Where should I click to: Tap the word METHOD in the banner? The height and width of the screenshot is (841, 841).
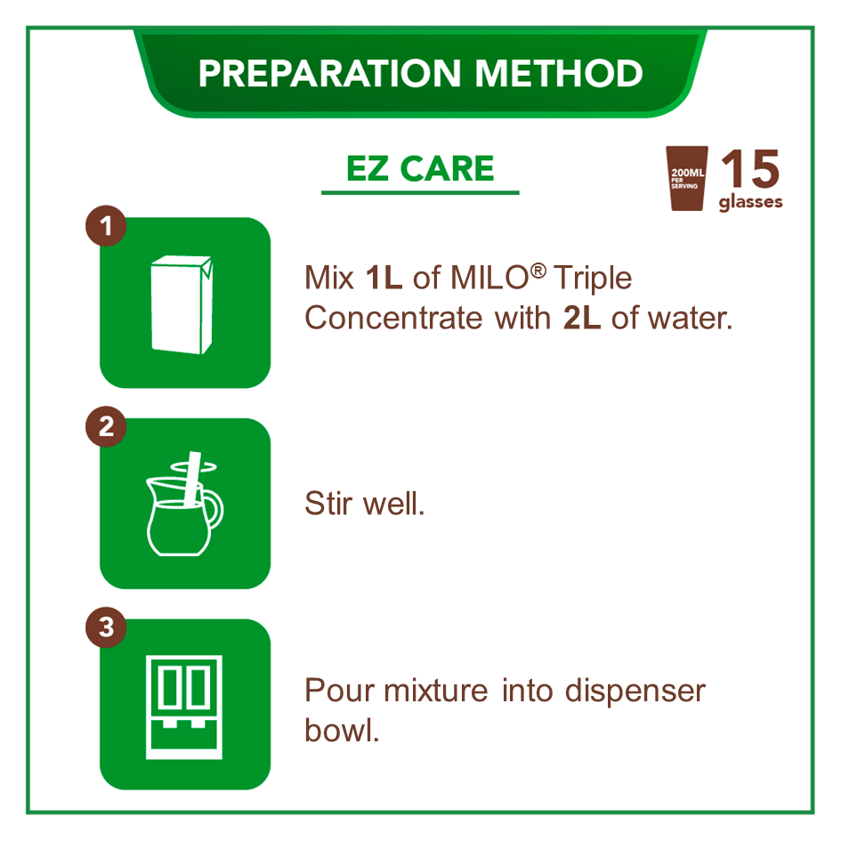(559, 73)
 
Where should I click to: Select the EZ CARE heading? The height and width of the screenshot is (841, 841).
(420, 168)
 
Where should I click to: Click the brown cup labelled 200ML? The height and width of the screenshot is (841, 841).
(686, 178)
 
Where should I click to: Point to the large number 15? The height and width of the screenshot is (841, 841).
(750, 169)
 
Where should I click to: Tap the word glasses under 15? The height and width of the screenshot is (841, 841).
(750, 202)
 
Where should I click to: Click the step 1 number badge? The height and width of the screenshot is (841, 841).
(106, 226)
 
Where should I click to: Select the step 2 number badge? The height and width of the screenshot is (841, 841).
(106, 426)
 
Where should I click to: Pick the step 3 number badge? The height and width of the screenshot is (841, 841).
(106, 627)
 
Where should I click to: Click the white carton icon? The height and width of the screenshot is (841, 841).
(182, 304)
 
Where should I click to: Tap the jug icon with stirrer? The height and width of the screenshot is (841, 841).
(184, 504)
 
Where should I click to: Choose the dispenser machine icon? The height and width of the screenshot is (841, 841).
(184, 707)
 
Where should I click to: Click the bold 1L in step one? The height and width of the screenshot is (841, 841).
(384, 278)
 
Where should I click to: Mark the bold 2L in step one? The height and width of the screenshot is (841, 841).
(581, 318)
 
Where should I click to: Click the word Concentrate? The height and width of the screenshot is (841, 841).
(393, 318)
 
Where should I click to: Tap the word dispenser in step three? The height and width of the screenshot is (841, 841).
(635, 691)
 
